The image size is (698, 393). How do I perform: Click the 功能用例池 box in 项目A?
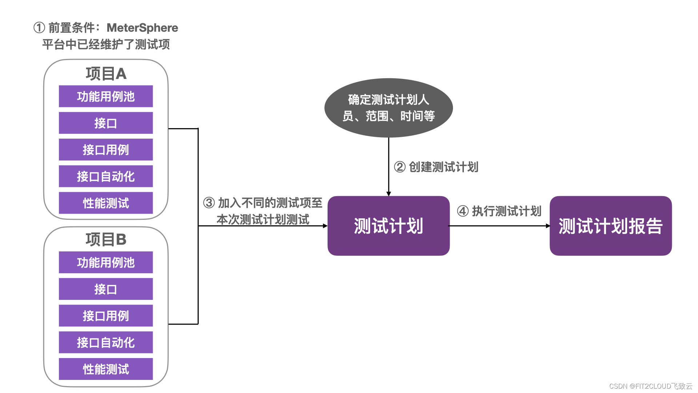pos(106,96)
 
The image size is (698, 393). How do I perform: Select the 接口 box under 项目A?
pos(106,123)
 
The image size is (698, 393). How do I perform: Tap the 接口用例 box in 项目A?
pos(106,150)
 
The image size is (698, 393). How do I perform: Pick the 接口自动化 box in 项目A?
pos(106,176)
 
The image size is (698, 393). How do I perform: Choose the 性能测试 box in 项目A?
pos(106,203)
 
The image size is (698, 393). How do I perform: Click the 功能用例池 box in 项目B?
pos(106,262)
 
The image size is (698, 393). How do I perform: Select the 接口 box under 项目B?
pos(106,289)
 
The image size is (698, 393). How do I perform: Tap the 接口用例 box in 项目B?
pos(106,315)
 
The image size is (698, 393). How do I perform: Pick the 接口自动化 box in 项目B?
pos(106,342)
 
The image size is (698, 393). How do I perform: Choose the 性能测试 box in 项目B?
pos(106,369)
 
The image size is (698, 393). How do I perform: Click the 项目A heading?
pos(106,74)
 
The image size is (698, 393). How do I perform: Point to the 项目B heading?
pos(106,239)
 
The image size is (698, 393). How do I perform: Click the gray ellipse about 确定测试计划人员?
pos(388,108)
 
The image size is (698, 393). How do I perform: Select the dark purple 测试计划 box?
pos(388,226)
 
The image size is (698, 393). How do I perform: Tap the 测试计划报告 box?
pos(610,226)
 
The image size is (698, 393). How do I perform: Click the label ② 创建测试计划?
pos(436,167)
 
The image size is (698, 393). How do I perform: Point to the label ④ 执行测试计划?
pos(499,211)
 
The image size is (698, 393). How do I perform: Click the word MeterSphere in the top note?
pos(142,28)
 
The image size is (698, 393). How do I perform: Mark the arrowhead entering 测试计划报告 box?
pos(548,226)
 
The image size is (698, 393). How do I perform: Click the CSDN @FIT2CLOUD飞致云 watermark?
pos(650,386)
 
